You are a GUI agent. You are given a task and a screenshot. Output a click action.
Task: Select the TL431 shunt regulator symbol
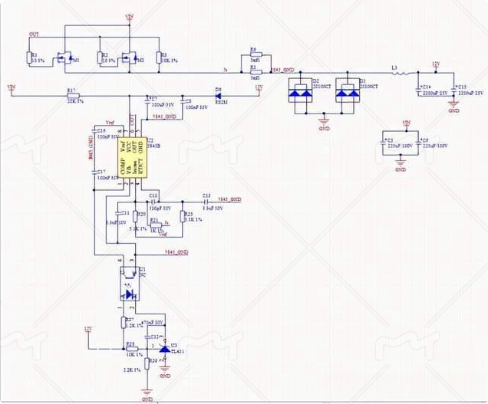point(164,350)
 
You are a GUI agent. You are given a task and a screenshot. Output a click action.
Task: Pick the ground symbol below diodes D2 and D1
point(325,118)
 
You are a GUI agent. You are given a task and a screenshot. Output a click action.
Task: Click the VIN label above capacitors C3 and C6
point(407,123)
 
